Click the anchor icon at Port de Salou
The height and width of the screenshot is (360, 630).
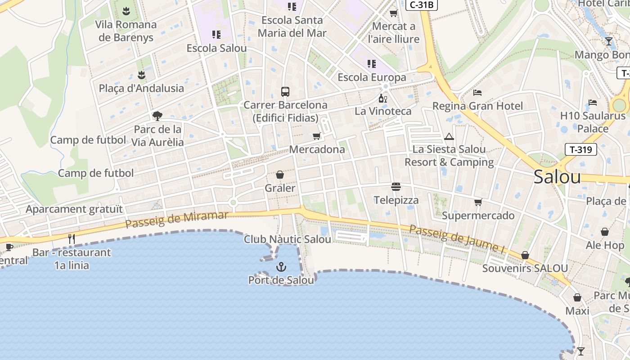coord(281,267)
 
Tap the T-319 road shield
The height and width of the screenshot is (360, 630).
coord(580,149)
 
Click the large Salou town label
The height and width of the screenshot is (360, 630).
coord(557,177)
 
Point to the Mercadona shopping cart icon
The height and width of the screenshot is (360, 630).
coord(316,136)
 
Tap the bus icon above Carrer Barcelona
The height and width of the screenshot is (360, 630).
coord(285,92)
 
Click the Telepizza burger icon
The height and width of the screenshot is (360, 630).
coord(396,186)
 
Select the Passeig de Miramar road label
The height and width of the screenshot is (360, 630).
coord(176,219)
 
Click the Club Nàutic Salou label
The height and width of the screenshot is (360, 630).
coord(288,239)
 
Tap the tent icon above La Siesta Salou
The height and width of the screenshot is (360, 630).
coord(449,136)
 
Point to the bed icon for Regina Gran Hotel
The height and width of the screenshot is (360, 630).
coord(477,93)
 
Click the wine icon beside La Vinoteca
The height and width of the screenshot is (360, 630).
coord(382,98)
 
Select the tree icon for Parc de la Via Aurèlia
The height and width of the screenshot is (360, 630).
coord(157,116)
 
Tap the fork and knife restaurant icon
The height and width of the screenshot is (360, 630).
coord(72,238)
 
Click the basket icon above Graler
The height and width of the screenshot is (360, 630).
coord(280,175)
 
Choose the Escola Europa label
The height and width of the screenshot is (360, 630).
coord(372,77)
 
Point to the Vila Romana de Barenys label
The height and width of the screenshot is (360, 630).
coord(126,31)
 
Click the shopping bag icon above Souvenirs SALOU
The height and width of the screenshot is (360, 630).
coord(525,256)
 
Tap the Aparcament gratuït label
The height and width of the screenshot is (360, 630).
coord(74,209)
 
